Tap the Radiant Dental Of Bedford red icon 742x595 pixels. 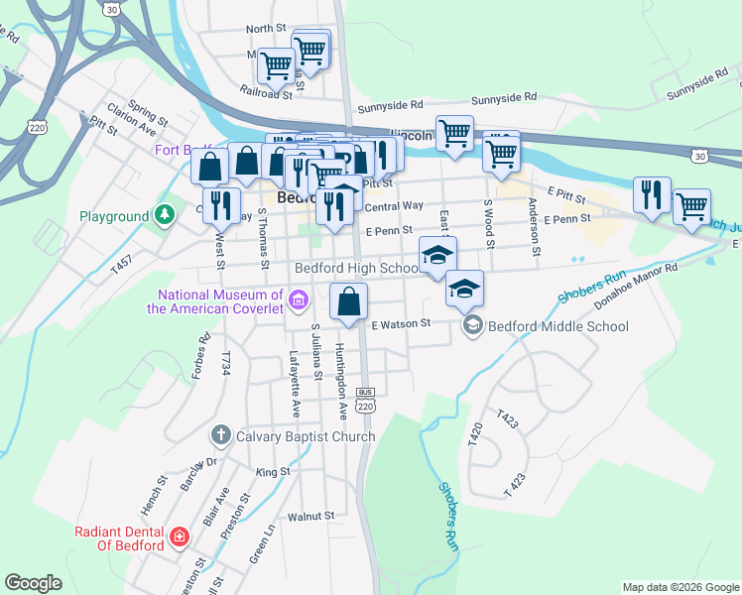pos(179,537)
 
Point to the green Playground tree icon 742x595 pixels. pos(162,215)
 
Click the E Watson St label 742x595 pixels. pos(401,323)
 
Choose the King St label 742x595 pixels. pos(272,472)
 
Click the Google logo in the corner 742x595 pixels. pos(33,583)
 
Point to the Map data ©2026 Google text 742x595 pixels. pos(680,587)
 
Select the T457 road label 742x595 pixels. pos(122,264)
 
